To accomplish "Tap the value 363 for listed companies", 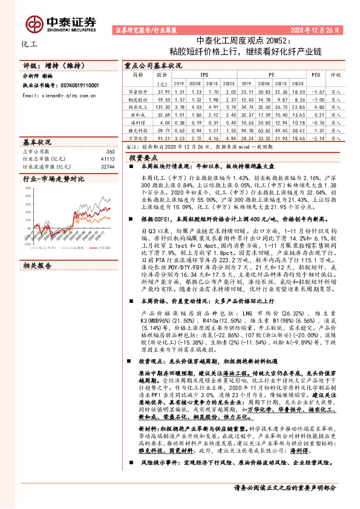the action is (110, 151).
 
